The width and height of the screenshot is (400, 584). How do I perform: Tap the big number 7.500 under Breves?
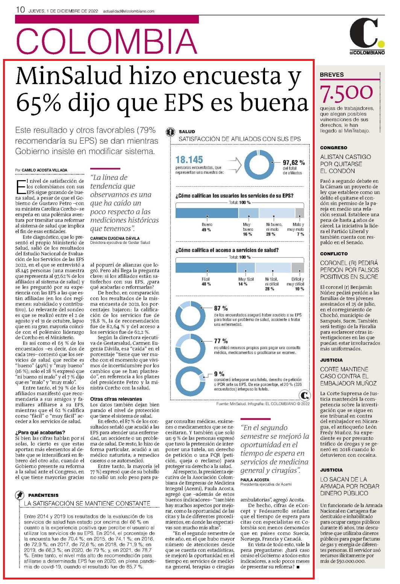346,93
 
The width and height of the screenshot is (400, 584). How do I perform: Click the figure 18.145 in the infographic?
189,160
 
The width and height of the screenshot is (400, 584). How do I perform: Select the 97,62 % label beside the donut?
294,162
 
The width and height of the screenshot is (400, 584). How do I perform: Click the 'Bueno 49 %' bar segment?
207,213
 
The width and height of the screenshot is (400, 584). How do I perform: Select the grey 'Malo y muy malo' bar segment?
299,213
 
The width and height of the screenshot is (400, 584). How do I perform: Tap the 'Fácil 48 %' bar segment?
206,268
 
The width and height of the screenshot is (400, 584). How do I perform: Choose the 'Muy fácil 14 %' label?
246,281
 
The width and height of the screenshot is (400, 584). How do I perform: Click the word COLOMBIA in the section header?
106,41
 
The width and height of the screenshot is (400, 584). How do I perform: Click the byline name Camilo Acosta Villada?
44,170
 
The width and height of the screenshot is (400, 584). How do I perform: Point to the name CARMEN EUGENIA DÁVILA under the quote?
115,238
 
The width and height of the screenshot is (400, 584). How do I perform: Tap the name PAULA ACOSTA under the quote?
255,480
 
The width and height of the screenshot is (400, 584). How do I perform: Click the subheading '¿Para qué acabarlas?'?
40,433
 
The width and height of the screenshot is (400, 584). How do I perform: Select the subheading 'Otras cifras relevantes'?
116,399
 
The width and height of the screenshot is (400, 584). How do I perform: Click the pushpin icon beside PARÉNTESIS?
19,495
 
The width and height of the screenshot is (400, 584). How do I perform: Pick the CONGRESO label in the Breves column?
333,148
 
